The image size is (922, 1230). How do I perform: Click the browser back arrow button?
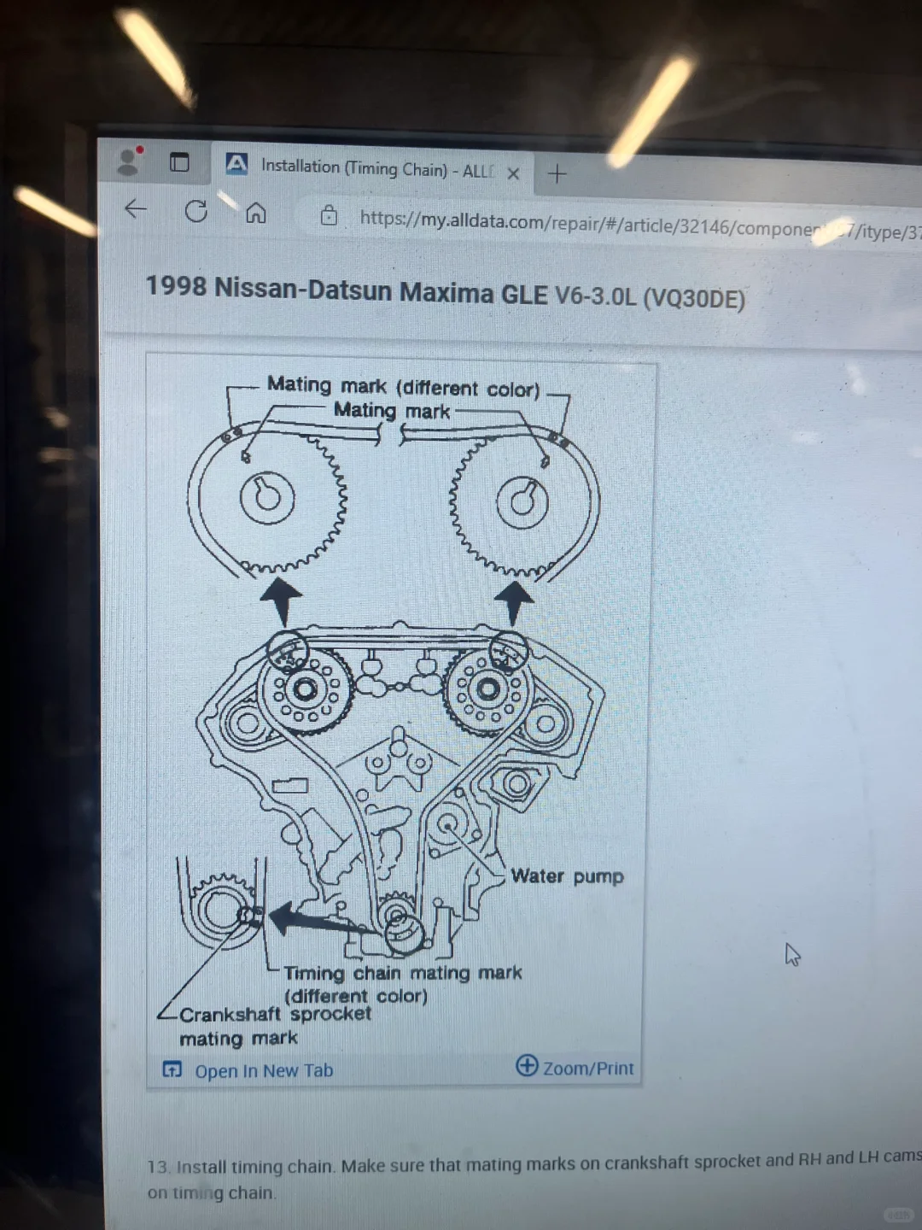click(136, 209)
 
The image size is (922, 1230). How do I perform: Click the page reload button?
click(196, 211)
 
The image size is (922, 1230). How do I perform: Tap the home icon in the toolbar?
click(256, 213)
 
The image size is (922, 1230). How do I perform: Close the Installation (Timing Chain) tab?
click(513, 173)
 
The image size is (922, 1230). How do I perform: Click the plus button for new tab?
click(557, 174)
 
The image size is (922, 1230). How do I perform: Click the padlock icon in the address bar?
click(329, 216)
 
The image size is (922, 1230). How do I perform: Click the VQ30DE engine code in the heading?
click(693, 298)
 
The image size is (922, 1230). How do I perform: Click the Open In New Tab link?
click(263, 1070)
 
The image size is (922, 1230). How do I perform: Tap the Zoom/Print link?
click(587, 1068)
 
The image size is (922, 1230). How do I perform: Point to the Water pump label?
click(567, 876)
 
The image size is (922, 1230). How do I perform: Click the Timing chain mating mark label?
click(402, 974)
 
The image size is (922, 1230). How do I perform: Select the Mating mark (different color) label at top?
click(403, 387)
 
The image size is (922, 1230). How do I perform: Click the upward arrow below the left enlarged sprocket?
click(281, 598)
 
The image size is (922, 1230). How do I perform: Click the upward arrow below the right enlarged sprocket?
click(514, 600)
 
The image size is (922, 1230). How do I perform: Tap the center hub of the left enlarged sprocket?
click(267, 498)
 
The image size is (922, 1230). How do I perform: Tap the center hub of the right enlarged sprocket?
click(522, 501)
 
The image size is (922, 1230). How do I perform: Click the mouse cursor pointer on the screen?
click(792, 954)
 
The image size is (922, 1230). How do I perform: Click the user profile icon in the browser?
click(128, 161)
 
